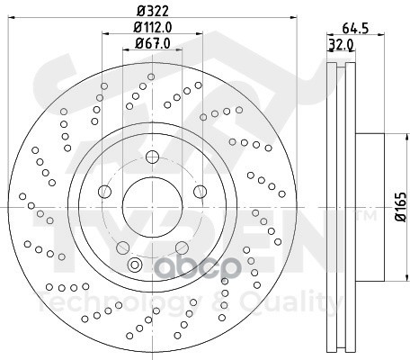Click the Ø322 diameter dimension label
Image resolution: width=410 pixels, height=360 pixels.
coord(153,11)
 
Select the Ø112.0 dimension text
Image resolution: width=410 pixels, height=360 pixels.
coord(153,28)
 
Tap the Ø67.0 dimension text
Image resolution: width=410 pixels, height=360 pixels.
coord(153,43)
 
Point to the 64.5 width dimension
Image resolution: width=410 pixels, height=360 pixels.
coord(355,29)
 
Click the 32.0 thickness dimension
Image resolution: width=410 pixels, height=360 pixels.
coord(342,45)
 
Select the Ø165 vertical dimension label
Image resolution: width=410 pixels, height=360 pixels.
coord(401,207)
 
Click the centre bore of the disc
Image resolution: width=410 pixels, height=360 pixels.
coord(152,207)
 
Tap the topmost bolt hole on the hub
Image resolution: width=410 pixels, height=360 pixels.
coord(152,157)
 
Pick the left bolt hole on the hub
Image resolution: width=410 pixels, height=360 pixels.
coord(104,192)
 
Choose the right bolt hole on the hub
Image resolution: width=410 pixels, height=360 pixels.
coord(200,192)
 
